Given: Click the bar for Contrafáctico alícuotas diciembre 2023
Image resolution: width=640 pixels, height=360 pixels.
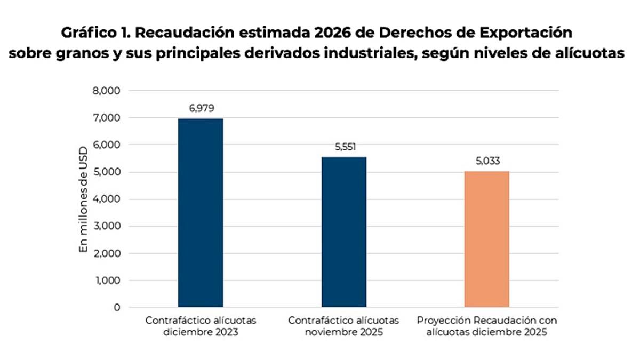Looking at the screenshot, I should pos(201,213).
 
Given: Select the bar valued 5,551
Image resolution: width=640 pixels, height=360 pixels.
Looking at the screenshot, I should pos(343,232).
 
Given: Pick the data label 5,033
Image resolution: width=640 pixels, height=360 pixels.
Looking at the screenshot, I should pos(486,161).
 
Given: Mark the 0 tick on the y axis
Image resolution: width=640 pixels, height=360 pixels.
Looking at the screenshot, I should pos(117,308).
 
